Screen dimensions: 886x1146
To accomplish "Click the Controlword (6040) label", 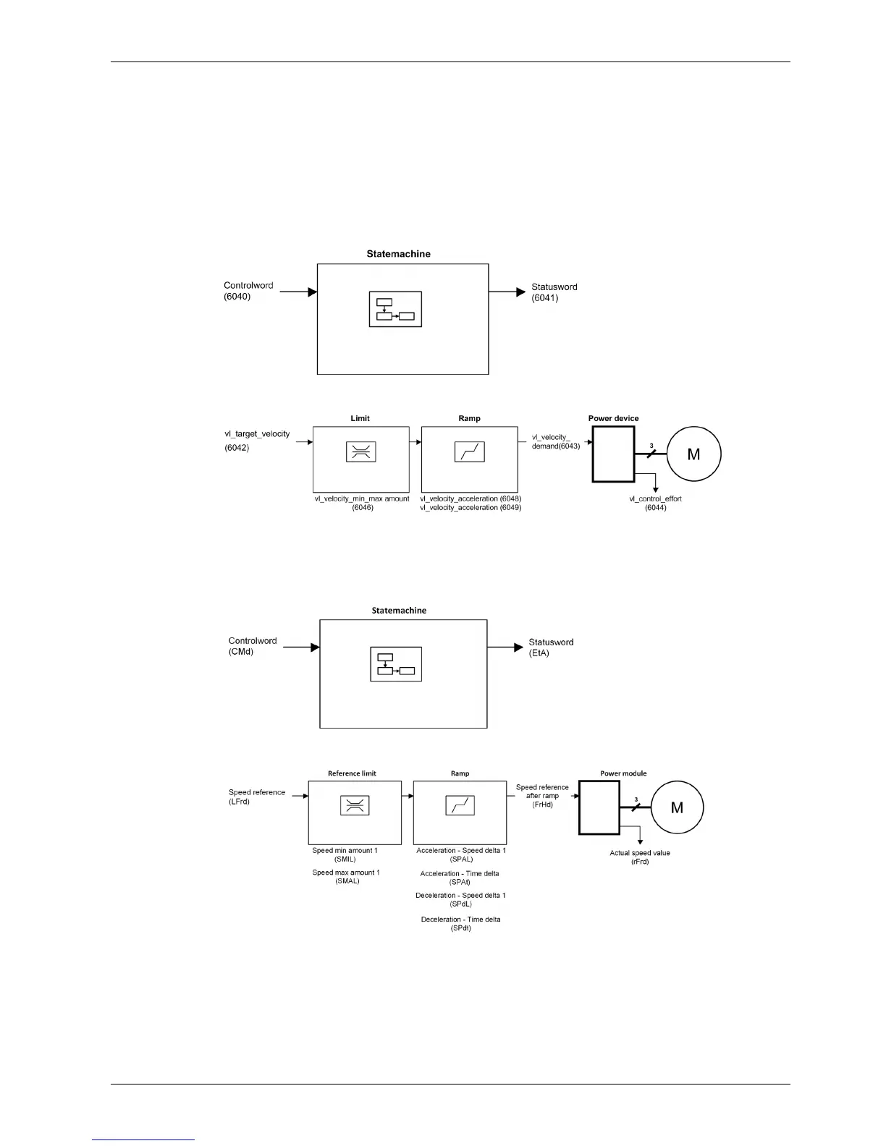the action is [248, 291].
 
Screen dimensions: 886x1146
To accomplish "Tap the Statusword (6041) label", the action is [554, 292].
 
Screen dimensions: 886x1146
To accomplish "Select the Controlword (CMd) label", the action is [253, 646].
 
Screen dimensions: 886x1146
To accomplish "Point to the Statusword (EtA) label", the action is [551, 648].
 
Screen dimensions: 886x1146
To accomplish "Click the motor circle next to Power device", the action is [693, 454].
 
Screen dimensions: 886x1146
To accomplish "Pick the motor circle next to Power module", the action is [677, 807].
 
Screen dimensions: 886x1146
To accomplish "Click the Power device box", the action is [613, 454].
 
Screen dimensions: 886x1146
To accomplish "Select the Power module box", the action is [599, 807].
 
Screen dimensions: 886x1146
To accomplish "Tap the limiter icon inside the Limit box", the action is [360, 452].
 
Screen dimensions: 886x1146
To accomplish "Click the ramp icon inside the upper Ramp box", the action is [469, 452].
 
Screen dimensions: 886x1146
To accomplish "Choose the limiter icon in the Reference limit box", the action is [355, 805].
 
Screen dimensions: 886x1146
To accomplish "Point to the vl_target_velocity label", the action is [257, 434].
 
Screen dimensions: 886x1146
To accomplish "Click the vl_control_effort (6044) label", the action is [655, 503].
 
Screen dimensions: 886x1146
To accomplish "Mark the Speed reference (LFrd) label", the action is [256, 797].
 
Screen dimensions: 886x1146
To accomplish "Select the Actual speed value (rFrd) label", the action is [640, 857].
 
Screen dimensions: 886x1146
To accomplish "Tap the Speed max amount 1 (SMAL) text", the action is [346, 877].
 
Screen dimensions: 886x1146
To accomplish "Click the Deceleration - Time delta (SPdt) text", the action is [460, 923].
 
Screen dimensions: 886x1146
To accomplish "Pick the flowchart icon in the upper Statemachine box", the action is [395, 309].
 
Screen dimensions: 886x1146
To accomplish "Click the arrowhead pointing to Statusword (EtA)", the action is [518, 647].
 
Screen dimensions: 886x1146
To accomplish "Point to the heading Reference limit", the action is [352, 773].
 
